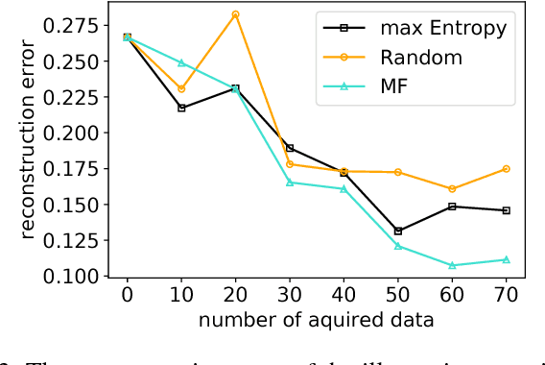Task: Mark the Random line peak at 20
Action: click(x=235, y=14)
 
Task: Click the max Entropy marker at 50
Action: click(x=398, y=231)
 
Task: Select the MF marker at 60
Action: click(x=452, y=265)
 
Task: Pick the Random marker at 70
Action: click(x=506, y=168)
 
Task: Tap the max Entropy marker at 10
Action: click(x=181, y=108)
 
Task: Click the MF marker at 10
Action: click(x=181, y=63)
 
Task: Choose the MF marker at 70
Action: click(x=506, y=259)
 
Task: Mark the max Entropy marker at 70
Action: click(x=506, y=210)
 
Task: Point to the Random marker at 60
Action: click(x=452, y=188)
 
